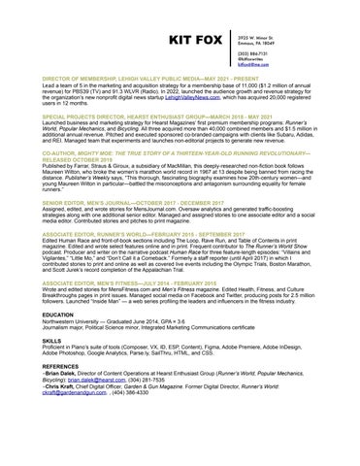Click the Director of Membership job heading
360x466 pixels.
[141, 76]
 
